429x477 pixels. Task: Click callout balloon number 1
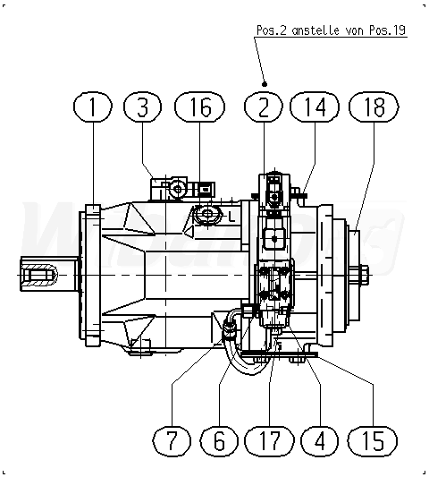point(93,106)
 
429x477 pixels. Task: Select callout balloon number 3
point(142,106)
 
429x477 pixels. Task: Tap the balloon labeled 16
point(199,106)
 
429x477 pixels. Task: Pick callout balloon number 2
point(264,106)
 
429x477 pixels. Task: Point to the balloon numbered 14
point(315,106)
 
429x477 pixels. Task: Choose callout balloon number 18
point(374,106)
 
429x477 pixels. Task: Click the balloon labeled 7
point(172,441)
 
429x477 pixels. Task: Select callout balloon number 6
point(219,441)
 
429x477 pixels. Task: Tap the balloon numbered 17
point(269,441)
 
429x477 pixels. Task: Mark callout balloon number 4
point(320,441)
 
